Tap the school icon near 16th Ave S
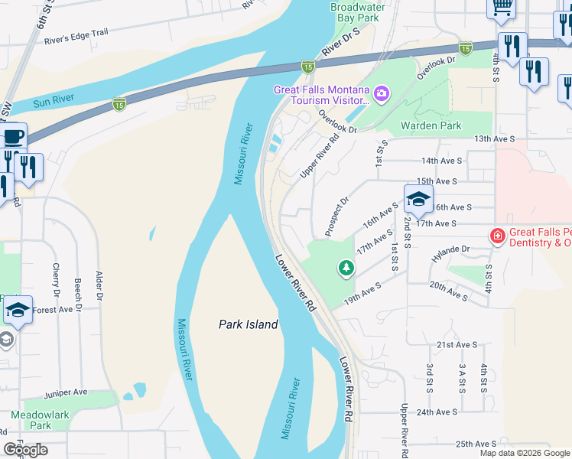[x=418, y=200]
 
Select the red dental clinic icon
[x=498, y=236]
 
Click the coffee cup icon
[x=13, y=137]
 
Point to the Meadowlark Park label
[x=31, y=420]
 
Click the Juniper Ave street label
[x=66, y=392]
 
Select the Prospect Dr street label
[x=337, y=215]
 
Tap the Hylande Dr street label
[x=450, y=249]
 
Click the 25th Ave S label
[x=476, y=444]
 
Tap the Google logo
[x=25, y=449]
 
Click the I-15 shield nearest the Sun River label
[x=119, y=103]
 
